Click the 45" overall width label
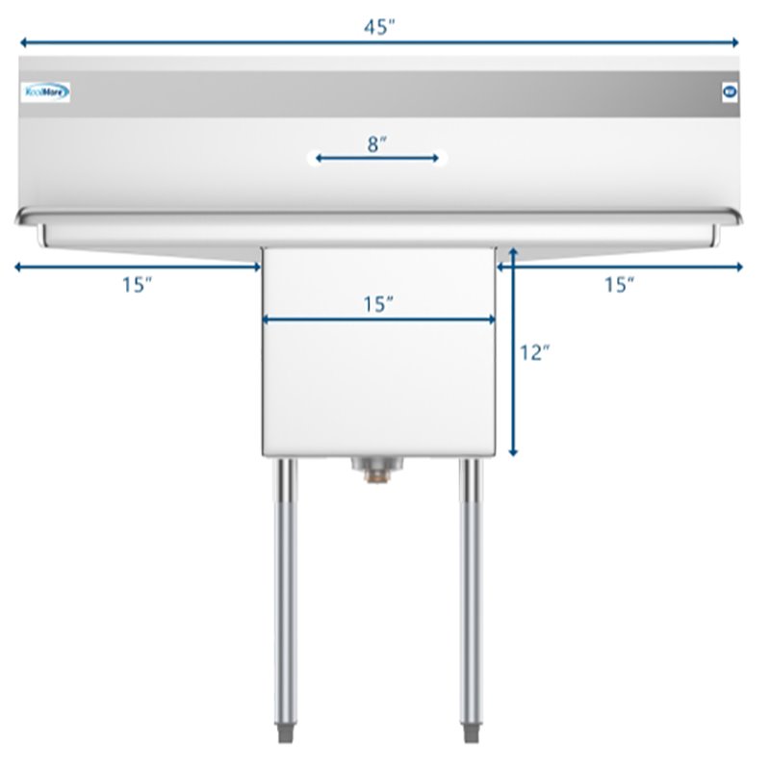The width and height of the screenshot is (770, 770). pyautogui.click(x=380, y=27)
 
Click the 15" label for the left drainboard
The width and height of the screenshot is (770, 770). pyautogui.click(x=138, y=284)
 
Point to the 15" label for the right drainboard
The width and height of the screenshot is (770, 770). pyautogui.click(x=619, y=284)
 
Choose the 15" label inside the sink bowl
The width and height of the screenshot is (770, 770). pyautogui.click(x=379, y=304)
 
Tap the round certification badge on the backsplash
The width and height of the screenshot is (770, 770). pyautogui.click(x=728, y=93)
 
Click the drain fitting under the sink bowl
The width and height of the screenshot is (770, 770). pyautogui.click(x=375, y=469)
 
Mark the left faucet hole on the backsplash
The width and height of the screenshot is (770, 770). pyautogui.click(x=313, y=157)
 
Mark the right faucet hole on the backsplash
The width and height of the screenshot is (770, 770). pyautogui.click(x=442, y=157)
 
